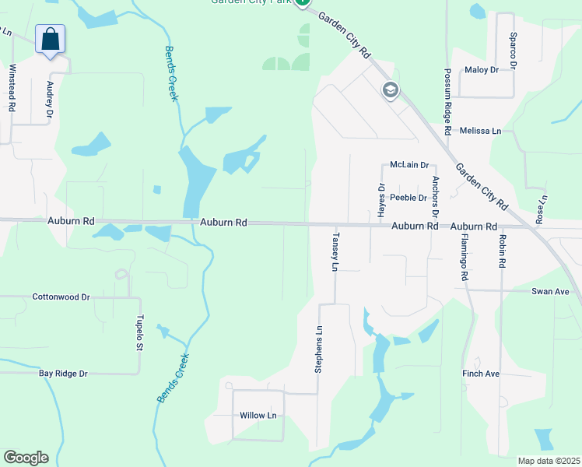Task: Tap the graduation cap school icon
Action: coord(390,90)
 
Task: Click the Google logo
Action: coord(26,458)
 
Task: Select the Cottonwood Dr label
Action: coord(61,297)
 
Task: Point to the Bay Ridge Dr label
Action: coord(64,374)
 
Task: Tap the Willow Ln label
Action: coord(258,416)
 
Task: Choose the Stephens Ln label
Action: coord(318,349)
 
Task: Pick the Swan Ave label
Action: coord(550,291)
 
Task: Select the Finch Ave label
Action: coord(481,374)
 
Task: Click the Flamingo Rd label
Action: coord(465,257)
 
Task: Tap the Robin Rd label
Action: coord(503,251)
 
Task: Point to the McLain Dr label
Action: coord(410,165)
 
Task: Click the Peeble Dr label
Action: coord(408,198)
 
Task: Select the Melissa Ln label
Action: coord(480,131)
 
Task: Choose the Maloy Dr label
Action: coord(482,70)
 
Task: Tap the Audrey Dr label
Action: coord(50,100)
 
